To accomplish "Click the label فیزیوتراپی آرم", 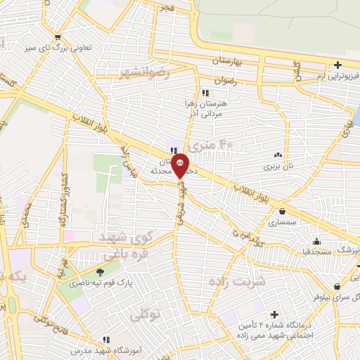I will click(323, 75).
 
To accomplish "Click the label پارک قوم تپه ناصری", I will click(89, 283).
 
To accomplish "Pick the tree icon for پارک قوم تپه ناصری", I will click(100, 272).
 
